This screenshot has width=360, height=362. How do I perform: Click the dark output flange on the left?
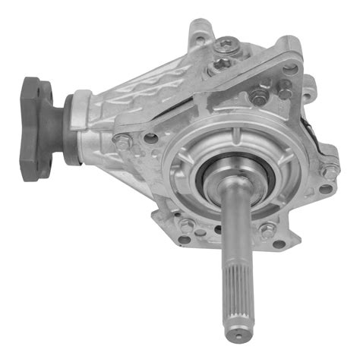point(38,125)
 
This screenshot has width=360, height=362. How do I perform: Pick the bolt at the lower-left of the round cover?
point(186,225)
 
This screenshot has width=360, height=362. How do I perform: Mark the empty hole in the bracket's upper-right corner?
point(289,68)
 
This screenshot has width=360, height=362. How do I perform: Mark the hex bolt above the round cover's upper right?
point(260,98)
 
